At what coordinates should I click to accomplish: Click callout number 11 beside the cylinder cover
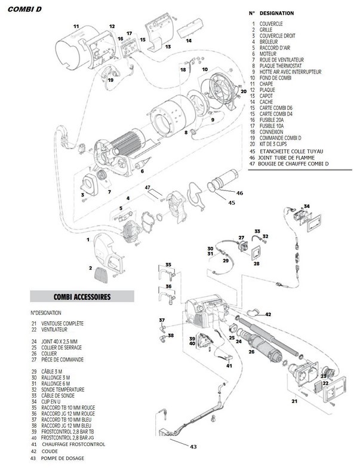click(76, 27)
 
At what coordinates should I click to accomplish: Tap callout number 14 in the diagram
click(189, 41)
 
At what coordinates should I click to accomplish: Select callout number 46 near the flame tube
click(239, 193)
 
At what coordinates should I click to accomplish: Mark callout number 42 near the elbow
click(268, 314)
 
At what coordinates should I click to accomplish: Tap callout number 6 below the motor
click(143, 171)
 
